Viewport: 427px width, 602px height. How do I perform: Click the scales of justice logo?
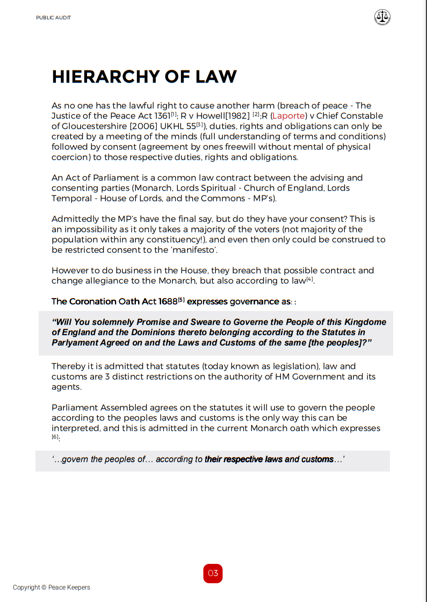[382, 17]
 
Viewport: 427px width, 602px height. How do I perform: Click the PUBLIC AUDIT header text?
[54, 18]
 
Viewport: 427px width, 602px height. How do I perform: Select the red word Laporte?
[290, 116]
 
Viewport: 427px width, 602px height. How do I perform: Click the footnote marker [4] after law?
[310, 279]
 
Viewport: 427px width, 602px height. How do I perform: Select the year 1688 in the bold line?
[167, 302]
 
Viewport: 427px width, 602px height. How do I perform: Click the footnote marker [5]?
[182, 300]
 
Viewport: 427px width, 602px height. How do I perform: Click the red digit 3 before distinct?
[107, 377]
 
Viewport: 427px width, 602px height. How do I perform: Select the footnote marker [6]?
[55, 437]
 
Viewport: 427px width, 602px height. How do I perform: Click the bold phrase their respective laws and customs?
[269, 460]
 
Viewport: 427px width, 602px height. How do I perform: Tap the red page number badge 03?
[213, 573]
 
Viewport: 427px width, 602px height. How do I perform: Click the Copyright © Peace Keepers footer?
[52, 588]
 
